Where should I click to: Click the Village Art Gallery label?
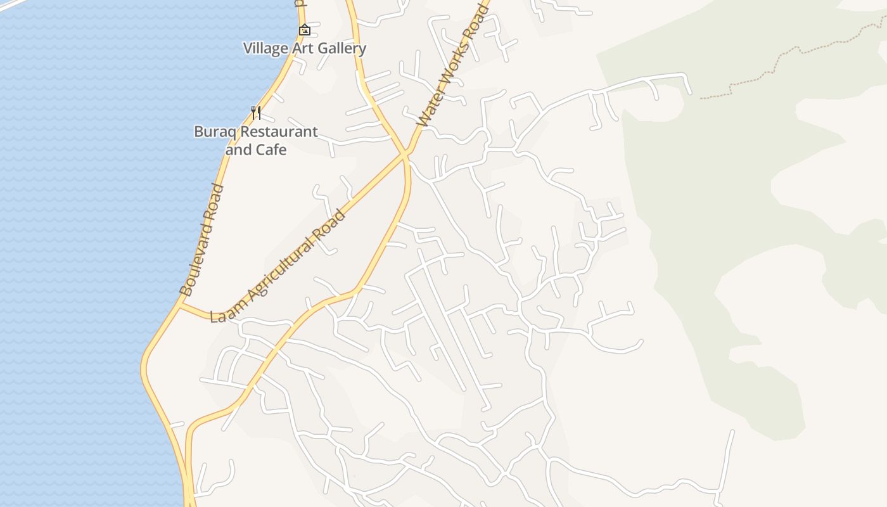pyautogui.click(x=305, y=48)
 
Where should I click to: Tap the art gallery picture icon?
pyautogui.click(x=305, y=30)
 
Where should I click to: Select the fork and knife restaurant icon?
pyautogui.click(x=256, y=113)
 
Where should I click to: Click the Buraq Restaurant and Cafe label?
pyautogui.click(x=256, y=141)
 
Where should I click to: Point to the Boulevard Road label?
pyautogui.click(x=202, y=240)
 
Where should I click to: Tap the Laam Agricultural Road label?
pyautogui.click(x=279, y=266)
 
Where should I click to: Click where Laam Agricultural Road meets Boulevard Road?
pyautogui.click(x=181, y=305)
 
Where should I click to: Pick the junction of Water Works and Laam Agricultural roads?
pyautogui.click(x=405, y=153)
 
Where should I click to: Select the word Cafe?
pyautogui.click(x=271, y=150)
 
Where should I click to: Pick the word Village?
pyautogui.click(x=265, y=48)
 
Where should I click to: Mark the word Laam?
pyautogui.click(x=223, y=312)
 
